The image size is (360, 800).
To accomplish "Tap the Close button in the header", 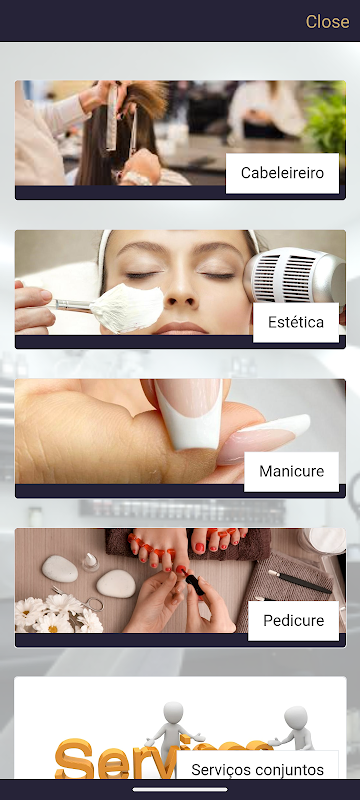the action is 327,21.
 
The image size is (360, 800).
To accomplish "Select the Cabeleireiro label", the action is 282,173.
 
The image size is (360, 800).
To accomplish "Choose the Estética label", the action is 296,322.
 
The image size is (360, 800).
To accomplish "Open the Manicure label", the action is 291,471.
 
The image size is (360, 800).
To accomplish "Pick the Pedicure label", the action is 293,621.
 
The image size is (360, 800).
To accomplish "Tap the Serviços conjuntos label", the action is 258,769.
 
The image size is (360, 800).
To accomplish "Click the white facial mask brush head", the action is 127,308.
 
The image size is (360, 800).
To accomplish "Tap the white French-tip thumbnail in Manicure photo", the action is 189,415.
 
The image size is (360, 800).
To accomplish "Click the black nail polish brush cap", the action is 194,586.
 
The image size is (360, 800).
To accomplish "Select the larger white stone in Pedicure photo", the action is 60,568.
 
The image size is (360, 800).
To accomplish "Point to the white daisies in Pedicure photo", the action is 56,614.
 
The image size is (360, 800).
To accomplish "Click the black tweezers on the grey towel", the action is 299,582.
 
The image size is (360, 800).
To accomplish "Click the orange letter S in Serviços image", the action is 74,760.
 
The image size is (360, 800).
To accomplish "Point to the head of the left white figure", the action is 173,713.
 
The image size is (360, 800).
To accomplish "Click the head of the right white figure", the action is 296,718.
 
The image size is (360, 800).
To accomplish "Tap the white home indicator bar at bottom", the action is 180,789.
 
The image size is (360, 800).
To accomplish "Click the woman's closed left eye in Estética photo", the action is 218,275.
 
